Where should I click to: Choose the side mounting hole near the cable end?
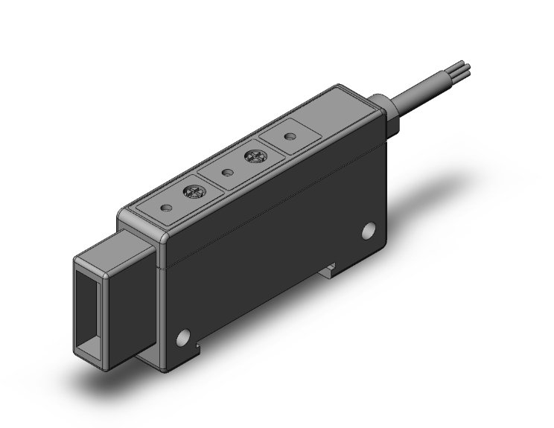pos(368,231)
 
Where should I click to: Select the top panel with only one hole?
pos(290,135)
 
